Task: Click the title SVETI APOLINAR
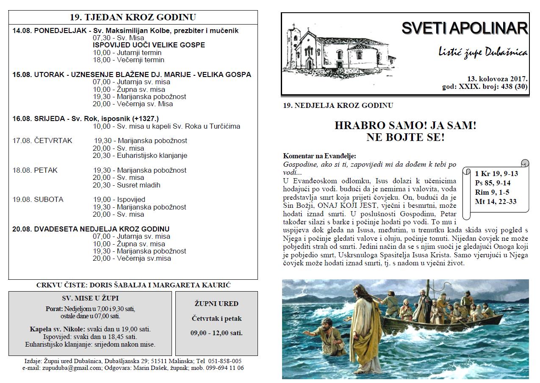pyautogui.click(x=465, y=28)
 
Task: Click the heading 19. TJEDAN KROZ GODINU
pyautogui.click(x=133, y=17)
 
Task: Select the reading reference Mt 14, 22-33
pyautogui.click(x=496, y=202)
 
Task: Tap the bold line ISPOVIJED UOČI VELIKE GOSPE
pyautogui.click(x=149, y=45)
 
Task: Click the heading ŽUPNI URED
pyautogui.click(x=216, y=303)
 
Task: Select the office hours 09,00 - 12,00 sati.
pyautogui.click(x=216, y=333)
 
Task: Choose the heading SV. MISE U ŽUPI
pyautogui.click(x=90, y=298)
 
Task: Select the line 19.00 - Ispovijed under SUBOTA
pyautogui.click(x=119, y=199)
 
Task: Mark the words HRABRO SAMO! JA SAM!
pyautogui.click(x=405, y=126)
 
